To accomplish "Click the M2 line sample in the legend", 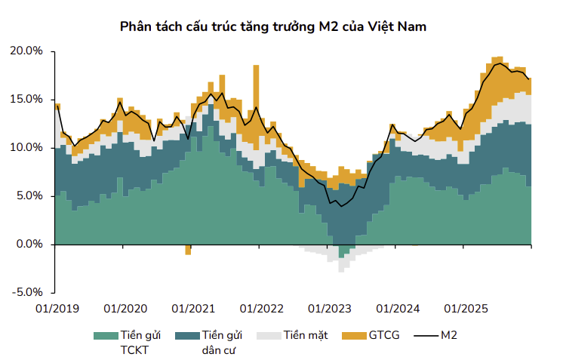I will (426, 335).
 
